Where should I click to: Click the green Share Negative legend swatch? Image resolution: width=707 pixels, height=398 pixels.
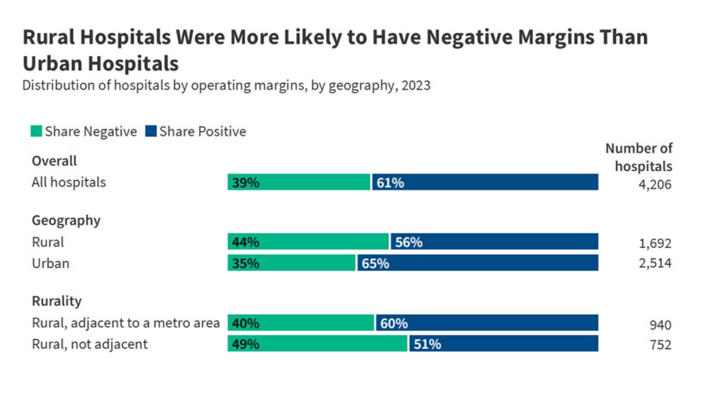point(37,131)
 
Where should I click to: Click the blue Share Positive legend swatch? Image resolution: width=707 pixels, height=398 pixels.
point(151,131)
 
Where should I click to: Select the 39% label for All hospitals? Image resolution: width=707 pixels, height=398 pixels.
point(244,182)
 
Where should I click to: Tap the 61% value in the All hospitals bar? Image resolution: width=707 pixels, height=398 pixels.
point(390,182)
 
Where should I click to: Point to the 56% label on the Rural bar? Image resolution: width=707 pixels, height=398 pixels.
point(409,242)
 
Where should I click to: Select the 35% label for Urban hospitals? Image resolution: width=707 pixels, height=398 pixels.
point(244,263)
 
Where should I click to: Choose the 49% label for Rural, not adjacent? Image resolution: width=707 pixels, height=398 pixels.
point(244,344)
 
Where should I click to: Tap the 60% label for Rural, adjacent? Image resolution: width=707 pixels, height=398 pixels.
point(394,324)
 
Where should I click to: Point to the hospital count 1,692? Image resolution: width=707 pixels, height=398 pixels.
point(655,243)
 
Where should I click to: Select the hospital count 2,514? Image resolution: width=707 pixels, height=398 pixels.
point(655,264)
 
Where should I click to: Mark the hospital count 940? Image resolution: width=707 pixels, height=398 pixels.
point(660,324)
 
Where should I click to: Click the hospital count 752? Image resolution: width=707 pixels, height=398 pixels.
point(660,345)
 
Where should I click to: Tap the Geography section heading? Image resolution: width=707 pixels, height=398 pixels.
point(66,220)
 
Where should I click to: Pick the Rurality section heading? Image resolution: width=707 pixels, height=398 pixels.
point(57,301)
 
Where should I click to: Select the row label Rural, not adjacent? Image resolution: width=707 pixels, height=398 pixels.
point(90,344)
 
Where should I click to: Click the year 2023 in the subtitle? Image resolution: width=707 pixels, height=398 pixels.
point(416,86)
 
